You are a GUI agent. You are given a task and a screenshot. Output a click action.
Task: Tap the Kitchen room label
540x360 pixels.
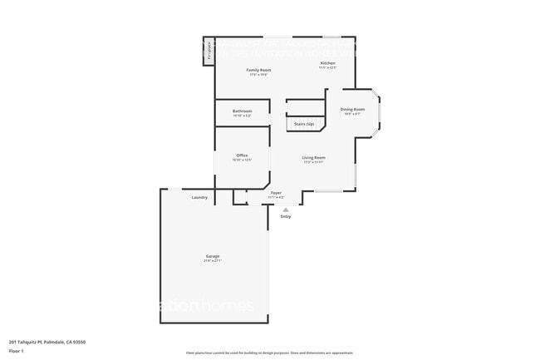(x=328, y=63)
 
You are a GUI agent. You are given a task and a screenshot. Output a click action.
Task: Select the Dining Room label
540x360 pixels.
(x=352, y=109)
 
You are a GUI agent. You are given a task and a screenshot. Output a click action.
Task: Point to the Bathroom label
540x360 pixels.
(x=242, y=111)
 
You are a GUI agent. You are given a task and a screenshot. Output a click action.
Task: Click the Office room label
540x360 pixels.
(x=242, y=155)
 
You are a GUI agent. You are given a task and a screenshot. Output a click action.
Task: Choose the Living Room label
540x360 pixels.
(x=313, y=157)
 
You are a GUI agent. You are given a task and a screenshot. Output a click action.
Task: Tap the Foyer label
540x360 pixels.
(x=276, y=193)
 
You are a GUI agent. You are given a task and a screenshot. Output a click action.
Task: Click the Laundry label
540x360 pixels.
(x=199, y=197)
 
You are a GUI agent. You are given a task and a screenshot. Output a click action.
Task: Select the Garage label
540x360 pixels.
(x=213, y=256)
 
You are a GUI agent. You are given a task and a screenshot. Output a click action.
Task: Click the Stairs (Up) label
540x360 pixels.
(x=304, y=124)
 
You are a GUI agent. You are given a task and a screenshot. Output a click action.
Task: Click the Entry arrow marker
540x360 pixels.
(x=286, y=210)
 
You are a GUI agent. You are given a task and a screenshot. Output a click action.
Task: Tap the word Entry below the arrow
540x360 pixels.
(x=286, y=217)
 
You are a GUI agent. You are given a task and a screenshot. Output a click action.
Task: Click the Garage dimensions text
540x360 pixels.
(x=213, y=261)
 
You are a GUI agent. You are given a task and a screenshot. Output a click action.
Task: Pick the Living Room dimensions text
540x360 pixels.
(x=313, y=162)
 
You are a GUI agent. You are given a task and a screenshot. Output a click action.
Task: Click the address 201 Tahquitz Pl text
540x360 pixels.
(x=47, y=342)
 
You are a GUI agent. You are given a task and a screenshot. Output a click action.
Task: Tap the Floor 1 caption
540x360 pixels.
(x=17, y=352)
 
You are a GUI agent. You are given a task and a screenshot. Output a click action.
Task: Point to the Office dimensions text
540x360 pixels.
(x=242, y=160)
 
